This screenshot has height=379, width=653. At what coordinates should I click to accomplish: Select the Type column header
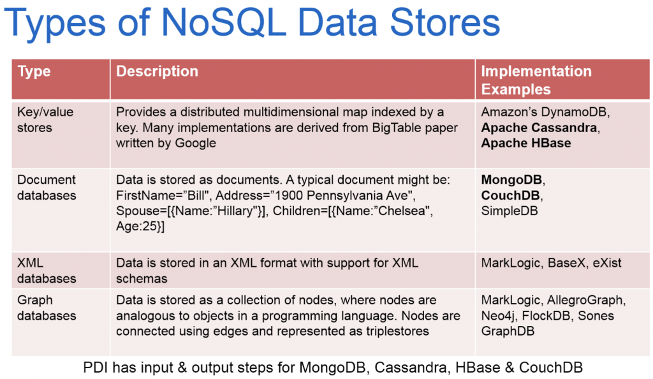tap(34, 71)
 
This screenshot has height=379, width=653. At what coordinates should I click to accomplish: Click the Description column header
tap(157, 71)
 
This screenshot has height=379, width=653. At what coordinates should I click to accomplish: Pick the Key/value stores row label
tap(45, 119)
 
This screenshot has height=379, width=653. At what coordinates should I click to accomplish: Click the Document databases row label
tap(47, 188)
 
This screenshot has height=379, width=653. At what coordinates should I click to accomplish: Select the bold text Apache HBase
tap(526, 143)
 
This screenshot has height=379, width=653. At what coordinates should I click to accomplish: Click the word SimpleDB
tap(510, 211)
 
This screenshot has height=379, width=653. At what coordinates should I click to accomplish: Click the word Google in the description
tap(195, 143)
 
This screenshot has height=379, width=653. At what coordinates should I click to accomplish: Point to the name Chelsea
tap(402, 211)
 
